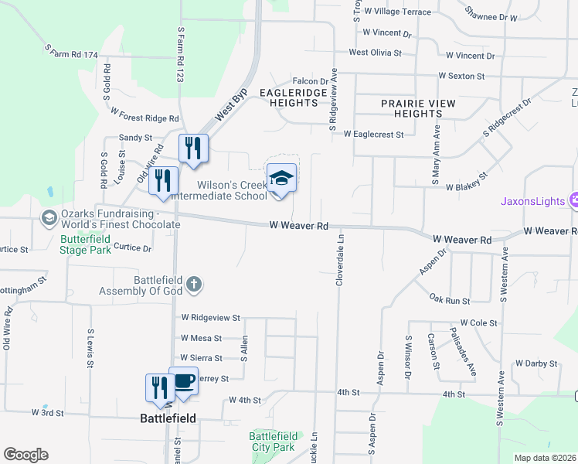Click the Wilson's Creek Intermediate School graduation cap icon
[281, 179]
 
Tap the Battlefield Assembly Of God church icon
[193, 285]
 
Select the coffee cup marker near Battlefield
[184, 382]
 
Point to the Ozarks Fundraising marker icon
[49, 218]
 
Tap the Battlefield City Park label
[273, 442]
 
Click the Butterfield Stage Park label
[87, 245]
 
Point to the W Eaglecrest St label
[374, 134]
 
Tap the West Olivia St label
[376, 53]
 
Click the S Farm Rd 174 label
[71, 53]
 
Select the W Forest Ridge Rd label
[144, 115]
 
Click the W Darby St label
[536, 363]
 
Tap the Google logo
[25, 455]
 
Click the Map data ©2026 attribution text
[545, 458]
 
